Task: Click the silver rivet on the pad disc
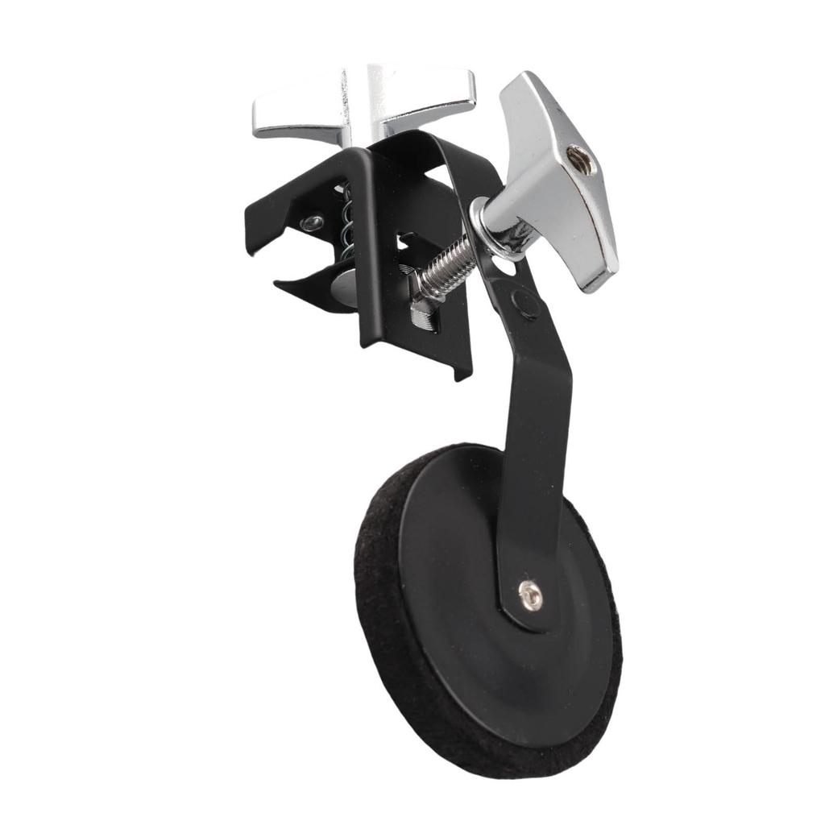pos(529,595)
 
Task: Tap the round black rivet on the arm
pos(526,304)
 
